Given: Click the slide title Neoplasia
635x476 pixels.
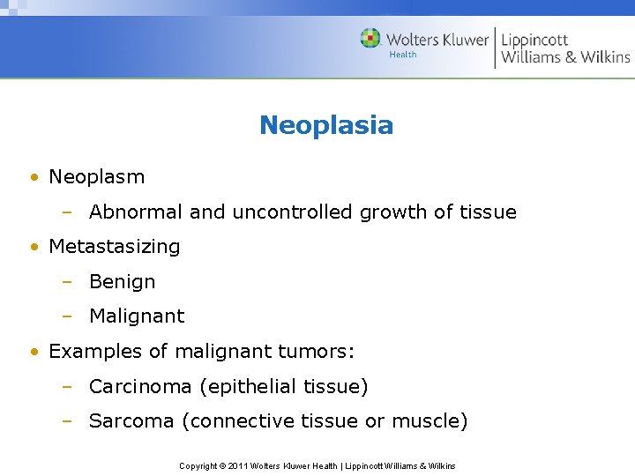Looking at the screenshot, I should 325,125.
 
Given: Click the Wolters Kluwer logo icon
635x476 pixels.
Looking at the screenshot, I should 370,39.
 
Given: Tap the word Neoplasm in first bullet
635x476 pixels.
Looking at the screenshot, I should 96,177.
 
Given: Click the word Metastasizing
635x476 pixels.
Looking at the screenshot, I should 114,247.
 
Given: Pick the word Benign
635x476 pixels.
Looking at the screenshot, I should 122,282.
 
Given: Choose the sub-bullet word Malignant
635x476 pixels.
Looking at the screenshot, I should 137,316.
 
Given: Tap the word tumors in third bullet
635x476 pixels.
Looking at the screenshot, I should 321,352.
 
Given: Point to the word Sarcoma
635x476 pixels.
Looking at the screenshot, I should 132,421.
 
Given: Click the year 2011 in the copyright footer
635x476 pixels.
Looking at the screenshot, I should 238,465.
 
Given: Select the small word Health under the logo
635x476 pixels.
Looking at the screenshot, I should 403,55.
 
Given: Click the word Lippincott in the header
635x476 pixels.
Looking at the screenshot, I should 535,40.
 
